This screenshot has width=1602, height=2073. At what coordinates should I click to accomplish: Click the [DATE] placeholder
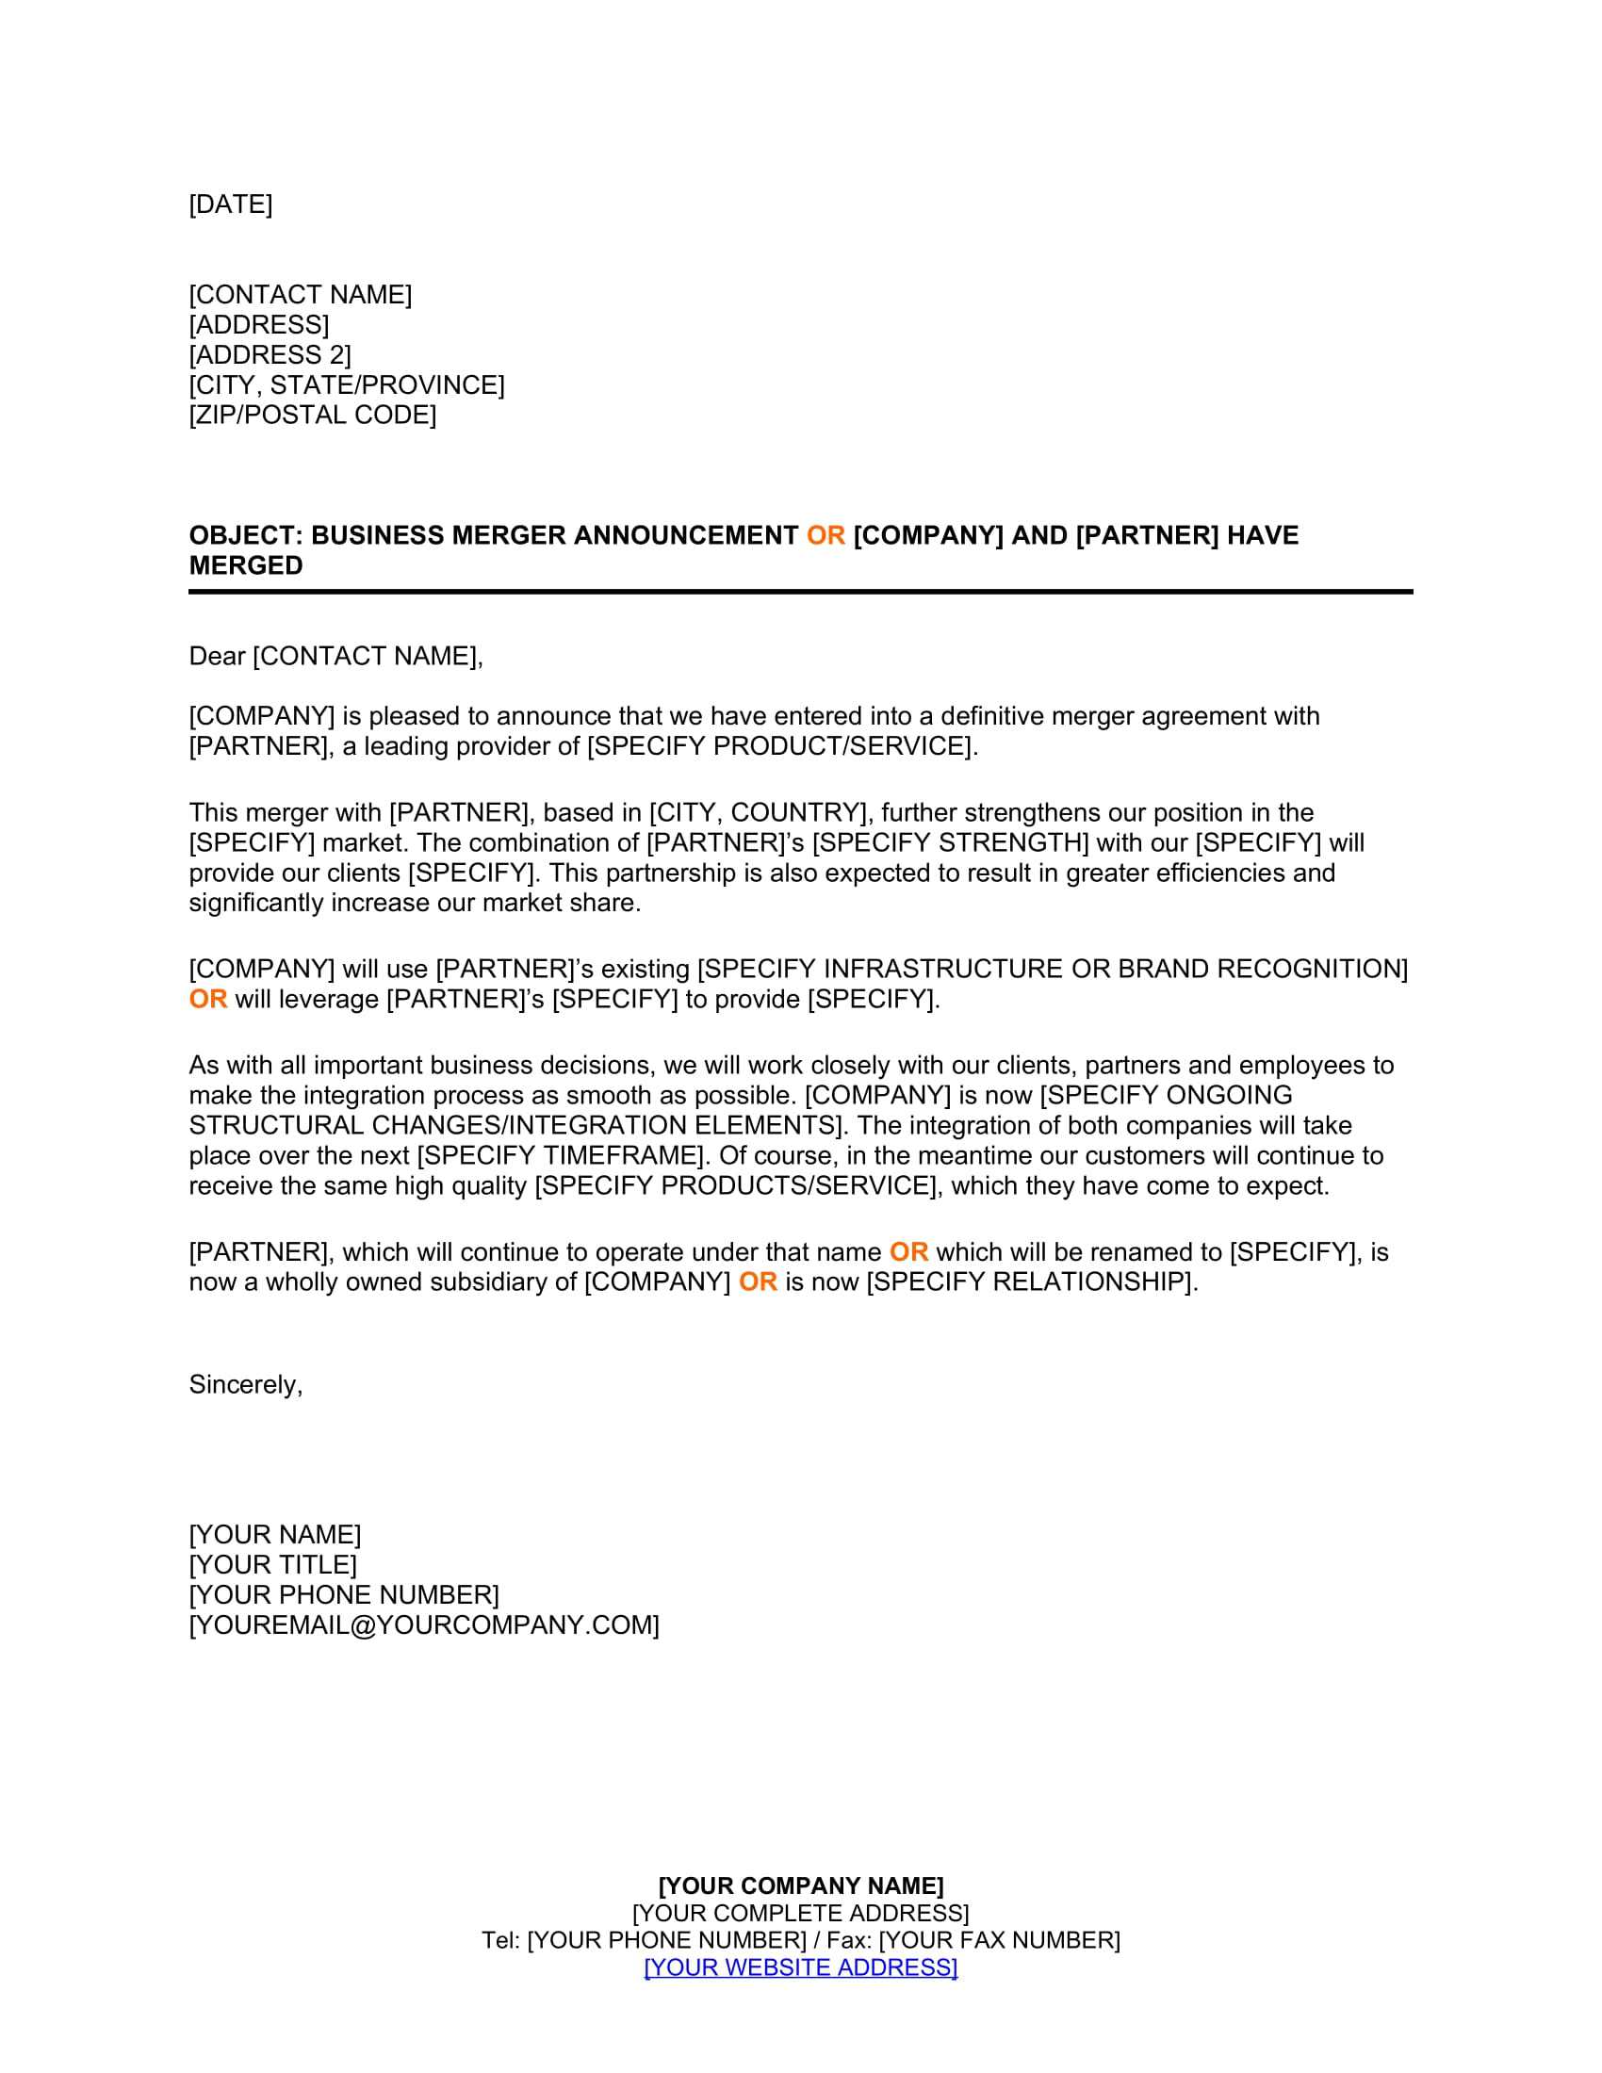231,204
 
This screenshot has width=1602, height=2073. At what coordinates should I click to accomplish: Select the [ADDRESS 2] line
270,355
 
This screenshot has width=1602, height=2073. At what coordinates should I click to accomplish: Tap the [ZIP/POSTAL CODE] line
312,415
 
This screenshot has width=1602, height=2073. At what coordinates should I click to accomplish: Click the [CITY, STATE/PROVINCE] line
347,385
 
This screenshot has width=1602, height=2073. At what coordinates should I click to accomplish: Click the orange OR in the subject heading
825,535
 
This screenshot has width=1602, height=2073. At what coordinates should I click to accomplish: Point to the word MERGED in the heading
246,565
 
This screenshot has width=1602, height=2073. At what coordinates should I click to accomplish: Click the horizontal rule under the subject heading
800,592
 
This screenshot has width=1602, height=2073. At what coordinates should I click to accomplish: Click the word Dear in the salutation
217,656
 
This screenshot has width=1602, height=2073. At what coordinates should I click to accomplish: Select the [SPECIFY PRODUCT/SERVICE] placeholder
780,746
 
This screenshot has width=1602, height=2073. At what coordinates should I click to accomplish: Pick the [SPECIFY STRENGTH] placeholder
950,843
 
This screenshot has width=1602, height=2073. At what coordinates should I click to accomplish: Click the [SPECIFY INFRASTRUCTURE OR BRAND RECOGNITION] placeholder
1053,969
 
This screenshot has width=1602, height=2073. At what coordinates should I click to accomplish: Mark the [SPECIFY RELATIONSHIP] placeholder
1030,1281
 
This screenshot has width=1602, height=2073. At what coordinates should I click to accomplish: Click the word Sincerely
245,1385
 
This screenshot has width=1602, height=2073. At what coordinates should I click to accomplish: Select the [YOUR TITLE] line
272,1564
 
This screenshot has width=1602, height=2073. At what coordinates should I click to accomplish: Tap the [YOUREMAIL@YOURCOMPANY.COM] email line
423,1625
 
